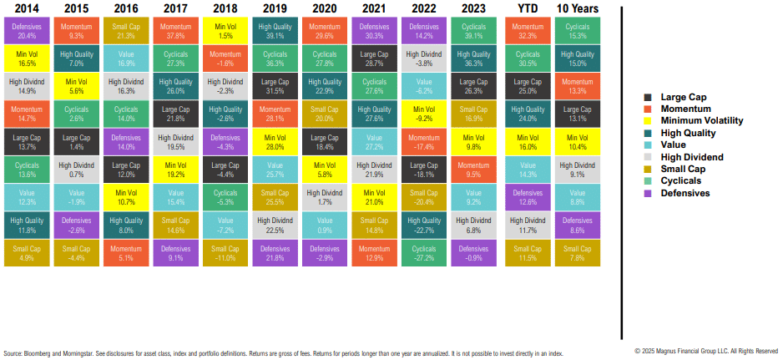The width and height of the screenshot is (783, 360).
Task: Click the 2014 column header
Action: (27, 9)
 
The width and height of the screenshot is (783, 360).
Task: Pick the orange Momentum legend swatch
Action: (649, 109)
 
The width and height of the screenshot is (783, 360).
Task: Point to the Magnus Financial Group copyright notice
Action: (706, 351)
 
